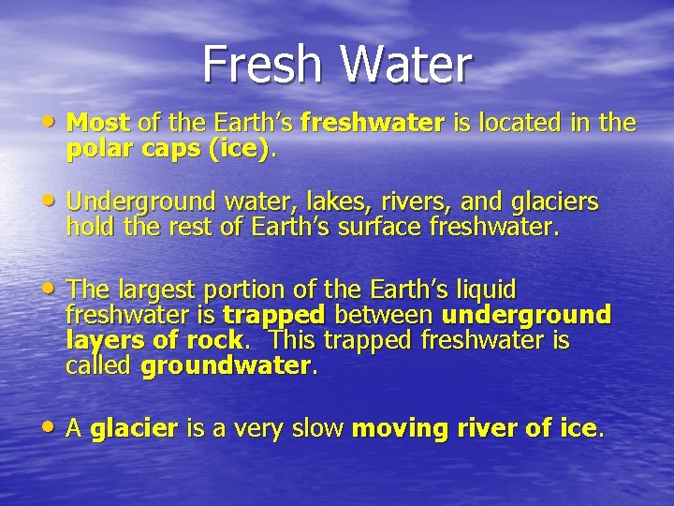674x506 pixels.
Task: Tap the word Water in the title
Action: coord(404,66)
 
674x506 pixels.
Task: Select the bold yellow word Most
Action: coord(99,123)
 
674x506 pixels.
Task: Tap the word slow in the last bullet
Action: coord(313,429)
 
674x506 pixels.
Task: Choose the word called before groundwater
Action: coord(98,365)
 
